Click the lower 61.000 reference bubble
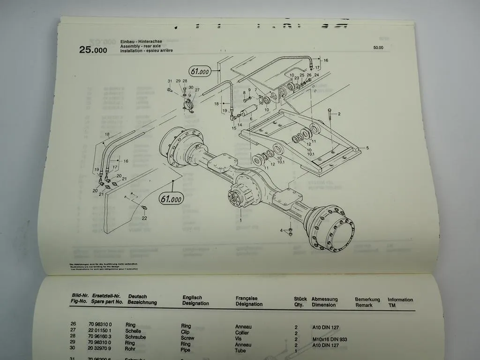(x=171, y=198)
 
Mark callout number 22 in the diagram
(x=144, y=217)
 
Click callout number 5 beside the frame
(x=367, y=148)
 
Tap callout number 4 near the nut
(x=282, y=230)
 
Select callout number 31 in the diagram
(x=170, y=81)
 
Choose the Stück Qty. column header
(x=300, y=301)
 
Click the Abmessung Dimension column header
(x=324, y=302)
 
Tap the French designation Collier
(x=242, y=332)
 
